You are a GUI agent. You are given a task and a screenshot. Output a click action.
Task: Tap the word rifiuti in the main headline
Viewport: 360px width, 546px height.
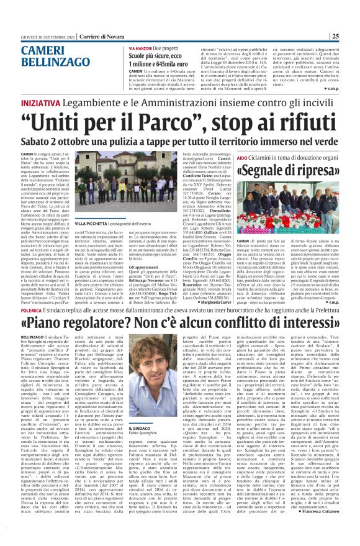tap(307, 115)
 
